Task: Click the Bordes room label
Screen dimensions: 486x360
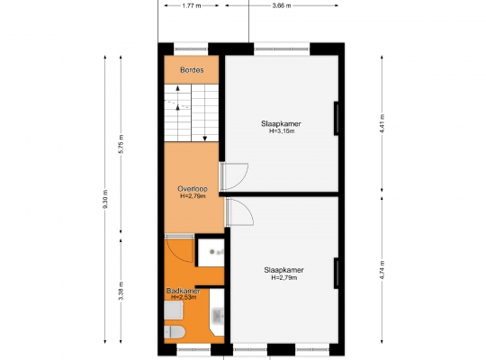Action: pos(192,70)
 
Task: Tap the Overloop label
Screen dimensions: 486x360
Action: pos(193,188)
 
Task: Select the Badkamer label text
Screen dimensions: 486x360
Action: pos(183,291)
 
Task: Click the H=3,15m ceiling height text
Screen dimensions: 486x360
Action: pos(282,131)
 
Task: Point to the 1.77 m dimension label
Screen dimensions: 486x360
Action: pos(192,5)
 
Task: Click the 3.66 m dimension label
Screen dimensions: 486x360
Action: pos(282,5)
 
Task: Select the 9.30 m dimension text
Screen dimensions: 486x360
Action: pos(105,199)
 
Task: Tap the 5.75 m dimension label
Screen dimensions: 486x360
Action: pos(121,144)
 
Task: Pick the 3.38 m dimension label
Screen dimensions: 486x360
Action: pos(121,291)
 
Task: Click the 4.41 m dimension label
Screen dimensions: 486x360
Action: pos(382,123)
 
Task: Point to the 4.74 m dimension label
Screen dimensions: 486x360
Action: pos(382,270)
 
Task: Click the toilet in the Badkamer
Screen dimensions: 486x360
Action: pos(175,333)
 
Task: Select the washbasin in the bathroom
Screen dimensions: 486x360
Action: pos(218,316)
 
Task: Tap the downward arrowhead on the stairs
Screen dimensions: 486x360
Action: pos(205,139)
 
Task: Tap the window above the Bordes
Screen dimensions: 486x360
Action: pos(190,49)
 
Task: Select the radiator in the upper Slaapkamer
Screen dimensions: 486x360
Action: pos(336,119)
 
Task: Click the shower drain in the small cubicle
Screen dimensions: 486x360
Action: pos(212,252)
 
